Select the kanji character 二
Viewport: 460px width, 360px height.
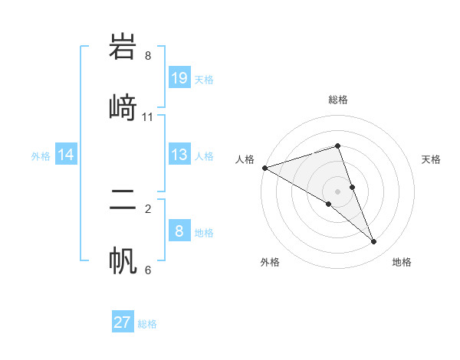point(123,201)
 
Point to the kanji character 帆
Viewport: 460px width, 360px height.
point(123,258)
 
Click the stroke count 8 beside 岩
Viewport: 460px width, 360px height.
point(148,55)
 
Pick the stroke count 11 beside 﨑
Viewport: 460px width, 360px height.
point(148,116)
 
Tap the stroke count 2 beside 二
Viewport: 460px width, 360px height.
point(148,208)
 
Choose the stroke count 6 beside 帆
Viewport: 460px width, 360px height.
point(148,270)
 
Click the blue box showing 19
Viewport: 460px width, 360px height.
point(179,78)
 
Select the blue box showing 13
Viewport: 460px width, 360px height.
point(179,155)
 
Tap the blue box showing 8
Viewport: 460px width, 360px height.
point(179,231)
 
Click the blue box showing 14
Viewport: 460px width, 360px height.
point(66,155)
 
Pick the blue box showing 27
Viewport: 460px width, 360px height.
point(123,322)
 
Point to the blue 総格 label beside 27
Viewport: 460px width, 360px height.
point(147,324)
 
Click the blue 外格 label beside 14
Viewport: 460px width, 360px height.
point(41,156)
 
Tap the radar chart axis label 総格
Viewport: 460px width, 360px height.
point(337,100)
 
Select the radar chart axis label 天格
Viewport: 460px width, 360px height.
point(432,159)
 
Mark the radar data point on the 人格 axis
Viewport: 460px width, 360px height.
point(264,168)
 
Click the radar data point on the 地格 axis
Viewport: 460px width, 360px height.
point(374,242)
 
